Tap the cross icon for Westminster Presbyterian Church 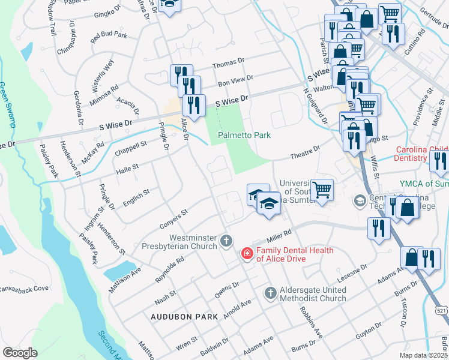(x=226, y=241)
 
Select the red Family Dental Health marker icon (x=246, y=254)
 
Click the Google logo (x=20, y=353)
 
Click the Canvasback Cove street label (x=24, y=289)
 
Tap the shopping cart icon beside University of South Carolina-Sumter (x=322, y=190)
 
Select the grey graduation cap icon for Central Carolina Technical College (x=360, y=200)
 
